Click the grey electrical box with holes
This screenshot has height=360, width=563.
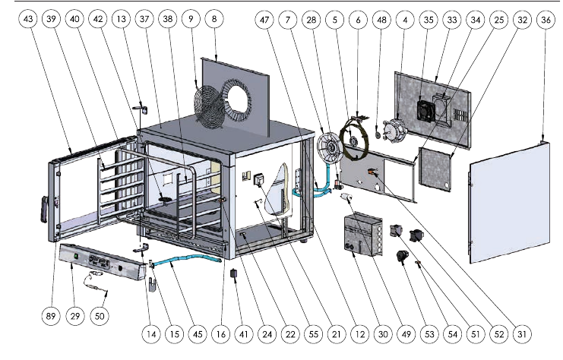pos(361,237)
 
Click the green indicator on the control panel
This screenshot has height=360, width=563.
pos(77,257)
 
